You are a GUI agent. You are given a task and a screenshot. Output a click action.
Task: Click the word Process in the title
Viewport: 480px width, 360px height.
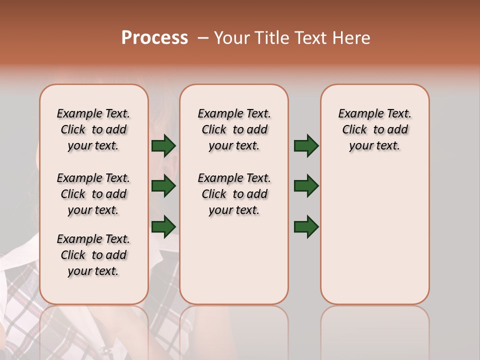point(154,37)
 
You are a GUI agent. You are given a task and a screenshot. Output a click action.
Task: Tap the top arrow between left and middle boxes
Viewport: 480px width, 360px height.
point(163,145)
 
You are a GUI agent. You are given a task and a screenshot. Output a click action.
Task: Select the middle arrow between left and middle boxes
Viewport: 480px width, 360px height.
point(163,186)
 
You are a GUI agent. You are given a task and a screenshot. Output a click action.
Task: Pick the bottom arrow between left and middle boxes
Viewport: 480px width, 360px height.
point(163,226)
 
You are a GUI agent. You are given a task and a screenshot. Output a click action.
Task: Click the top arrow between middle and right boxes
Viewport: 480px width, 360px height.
point(306,145)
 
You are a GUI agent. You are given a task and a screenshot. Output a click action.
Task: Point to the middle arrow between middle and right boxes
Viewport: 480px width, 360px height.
point(306,186)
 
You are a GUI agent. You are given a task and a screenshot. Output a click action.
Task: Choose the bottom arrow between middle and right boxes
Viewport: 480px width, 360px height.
point(306,226)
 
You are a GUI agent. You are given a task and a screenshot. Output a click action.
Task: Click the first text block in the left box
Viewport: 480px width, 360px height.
point(93,129)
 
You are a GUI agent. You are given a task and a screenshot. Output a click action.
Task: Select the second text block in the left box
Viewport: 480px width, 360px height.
point(93,194)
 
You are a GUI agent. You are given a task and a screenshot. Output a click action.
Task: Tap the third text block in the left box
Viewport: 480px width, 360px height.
point(93,255)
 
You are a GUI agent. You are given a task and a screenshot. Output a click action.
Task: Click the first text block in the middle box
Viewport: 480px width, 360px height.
point(234,129)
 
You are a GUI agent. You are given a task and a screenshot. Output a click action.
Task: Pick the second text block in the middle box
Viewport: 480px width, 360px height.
point(234,194)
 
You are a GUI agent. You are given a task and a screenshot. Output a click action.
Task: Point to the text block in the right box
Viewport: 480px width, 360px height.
point(374,129)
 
